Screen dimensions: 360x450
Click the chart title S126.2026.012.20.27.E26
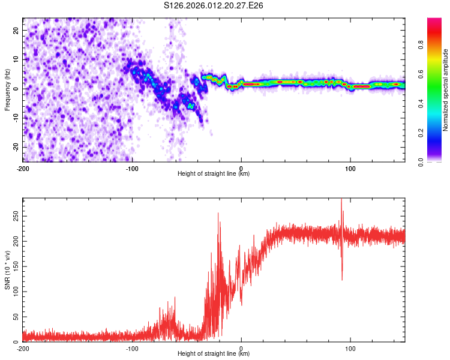click(x=214, y=6)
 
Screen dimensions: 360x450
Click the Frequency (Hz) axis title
click(x=8, y=89)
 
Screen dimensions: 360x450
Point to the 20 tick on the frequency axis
click(x=16, y=29)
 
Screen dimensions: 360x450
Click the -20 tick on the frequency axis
click(x=15, y=147)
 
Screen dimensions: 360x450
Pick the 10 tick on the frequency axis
click(x=16, y=59)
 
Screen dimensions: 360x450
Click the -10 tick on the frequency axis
click(x=15, y=118)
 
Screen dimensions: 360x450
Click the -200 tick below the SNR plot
click(x=23, y=349)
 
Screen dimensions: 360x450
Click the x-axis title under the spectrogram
click(x=214, y=174)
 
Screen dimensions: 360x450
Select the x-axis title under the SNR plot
click(x=214, y=354)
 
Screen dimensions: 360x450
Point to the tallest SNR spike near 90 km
click(x=341, y=200)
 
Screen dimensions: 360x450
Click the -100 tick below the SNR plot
click(x=132, y=349)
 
